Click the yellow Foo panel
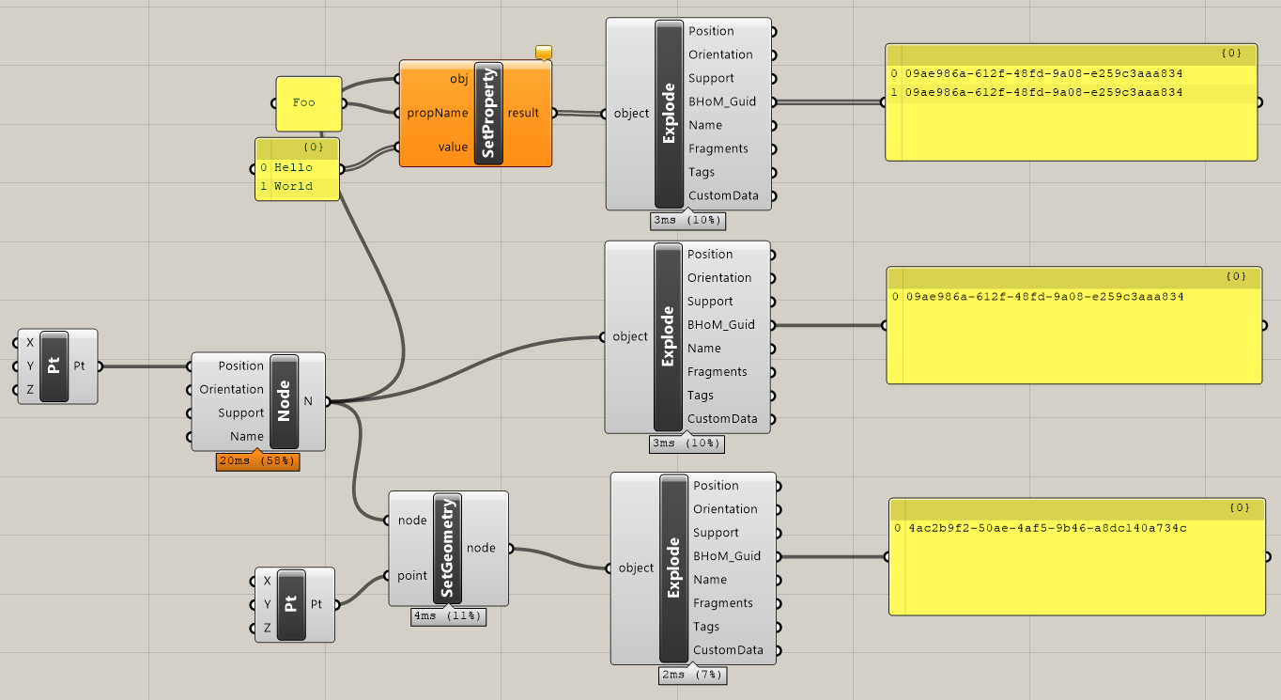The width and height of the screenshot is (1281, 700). (x=309, y=103)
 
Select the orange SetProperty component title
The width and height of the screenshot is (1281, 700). (x=488, y=113)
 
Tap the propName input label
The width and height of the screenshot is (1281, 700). (x=438, y=113)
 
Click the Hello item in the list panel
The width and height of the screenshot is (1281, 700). (x=293, y=167)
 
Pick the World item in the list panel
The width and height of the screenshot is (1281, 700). (x=293, y=186)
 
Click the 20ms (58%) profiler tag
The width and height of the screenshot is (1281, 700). (x=258, y=461)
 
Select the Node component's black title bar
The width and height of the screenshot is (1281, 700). (x=285, y=401)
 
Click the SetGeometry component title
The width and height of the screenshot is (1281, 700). (x=447, y=548)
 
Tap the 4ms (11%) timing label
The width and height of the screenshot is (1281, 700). (x=448, y=616)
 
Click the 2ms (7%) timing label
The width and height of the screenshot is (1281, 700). (x=692, y=676)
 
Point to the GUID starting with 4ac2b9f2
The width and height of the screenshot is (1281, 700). (x=1048, y=528)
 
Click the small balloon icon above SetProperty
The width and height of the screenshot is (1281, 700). (x=544, y=52)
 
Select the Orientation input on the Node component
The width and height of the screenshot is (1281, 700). (x=232, y=389)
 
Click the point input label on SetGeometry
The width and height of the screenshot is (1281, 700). (x=412, y=576)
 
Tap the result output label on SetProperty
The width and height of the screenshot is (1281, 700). (x=523, y=113)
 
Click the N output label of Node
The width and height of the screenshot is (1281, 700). (x=308, y=401)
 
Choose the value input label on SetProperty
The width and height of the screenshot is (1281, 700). (x=453, y=148)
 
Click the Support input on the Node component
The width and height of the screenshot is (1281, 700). (x=240, y=413)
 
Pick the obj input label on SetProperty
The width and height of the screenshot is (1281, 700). (x=458, y=79)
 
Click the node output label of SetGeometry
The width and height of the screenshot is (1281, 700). (x=481, y=548)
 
